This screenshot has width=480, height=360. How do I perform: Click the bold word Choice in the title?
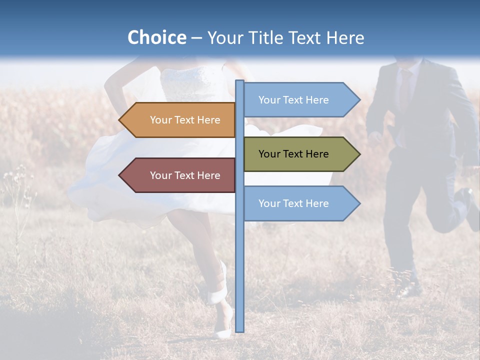(156, 37)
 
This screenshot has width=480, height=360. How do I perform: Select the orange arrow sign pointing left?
(177, 120)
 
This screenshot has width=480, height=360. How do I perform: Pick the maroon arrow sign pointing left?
(177, 175)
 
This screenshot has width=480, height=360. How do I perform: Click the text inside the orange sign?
(185, 120)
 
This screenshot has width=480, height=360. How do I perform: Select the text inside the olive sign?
(293, 154)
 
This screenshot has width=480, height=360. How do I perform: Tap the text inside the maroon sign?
(185, 175)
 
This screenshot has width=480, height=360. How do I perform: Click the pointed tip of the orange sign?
(120, 120)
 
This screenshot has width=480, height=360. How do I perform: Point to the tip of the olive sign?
(358, 154)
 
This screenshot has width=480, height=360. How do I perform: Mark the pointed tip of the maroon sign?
(120, 175)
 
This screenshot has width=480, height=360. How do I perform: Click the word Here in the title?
(345, 37)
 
